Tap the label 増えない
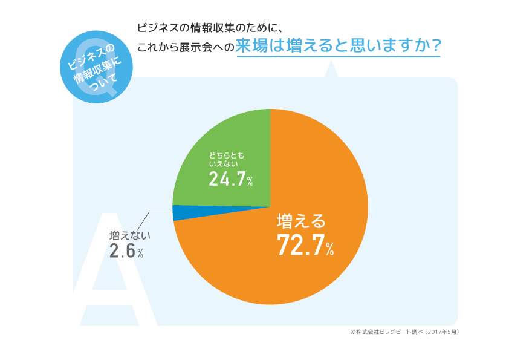[129, 235]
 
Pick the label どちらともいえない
[227, 160]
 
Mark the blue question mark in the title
[432, 47]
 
